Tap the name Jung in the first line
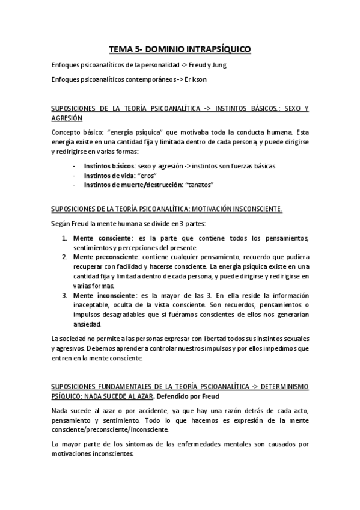(218, 64)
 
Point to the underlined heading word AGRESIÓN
(67, 118)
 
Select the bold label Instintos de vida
(107, 175)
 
